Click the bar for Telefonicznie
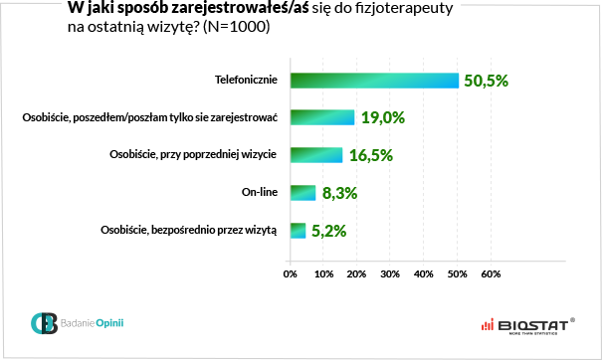click(x=374, y=81)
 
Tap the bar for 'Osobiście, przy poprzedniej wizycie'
click(x=316, y=155)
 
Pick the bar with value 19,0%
click(x=322, y=117)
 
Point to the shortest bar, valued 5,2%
click(x=298, y=231)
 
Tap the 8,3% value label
click(x=339, y=193)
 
